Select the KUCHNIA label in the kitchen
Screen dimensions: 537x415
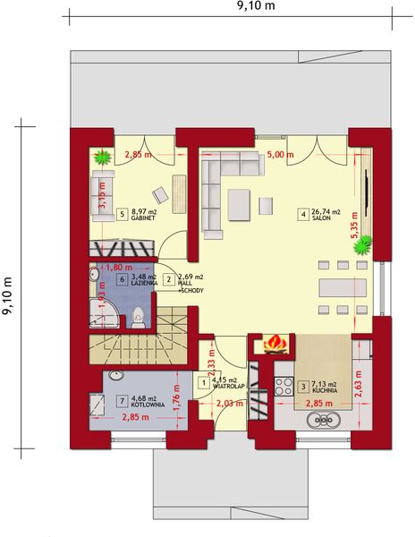coord(326,392)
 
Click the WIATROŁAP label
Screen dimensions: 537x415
coord(231,388)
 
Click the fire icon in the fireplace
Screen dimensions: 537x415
coord(275,344)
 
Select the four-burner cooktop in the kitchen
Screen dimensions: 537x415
coord(284,388)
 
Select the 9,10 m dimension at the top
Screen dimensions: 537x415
coord(255,6)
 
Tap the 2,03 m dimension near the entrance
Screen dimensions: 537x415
coord(229,405)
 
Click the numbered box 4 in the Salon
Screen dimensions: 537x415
coord(304,215)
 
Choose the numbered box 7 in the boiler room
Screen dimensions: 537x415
coord(122,401)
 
